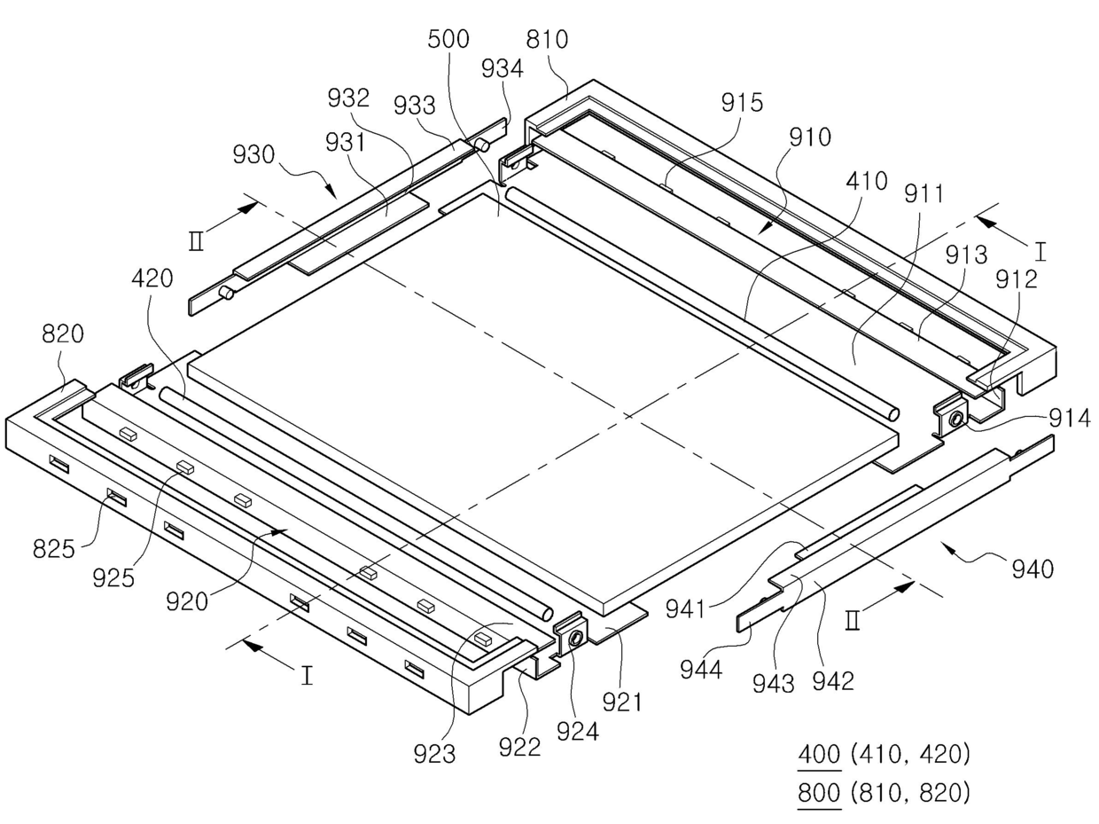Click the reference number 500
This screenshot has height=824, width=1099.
click(x=448, y=39)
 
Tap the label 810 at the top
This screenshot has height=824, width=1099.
click(x=547, y=39)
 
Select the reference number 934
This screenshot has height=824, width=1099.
click(x=503, y=68)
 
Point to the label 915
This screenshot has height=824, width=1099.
click(x=742, y=102)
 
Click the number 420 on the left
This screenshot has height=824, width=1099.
click(x=152, y=278)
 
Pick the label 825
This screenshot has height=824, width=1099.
click(x=54, y=549)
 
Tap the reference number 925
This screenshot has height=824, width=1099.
click(x=113, y=578)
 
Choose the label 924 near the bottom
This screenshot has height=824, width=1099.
click(x=578, y=732)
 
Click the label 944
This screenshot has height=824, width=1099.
click(x=701, y=669)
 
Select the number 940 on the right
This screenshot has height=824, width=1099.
click(x=1033, y=569)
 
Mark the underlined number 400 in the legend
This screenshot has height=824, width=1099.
click(x=819, y=755)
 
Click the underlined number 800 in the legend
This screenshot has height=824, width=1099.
click(x=819, y=793)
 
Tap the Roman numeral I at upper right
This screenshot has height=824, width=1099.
click(x=1041, y=252)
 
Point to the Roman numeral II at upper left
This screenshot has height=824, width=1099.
click(x=196, y=241)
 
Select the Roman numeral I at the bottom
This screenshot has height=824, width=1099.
click(x=307, y=675)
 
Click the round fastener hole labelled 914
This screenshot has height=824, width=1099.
click(x=955, y=419)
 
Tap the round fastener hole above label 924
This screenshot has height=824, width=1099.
click(x=576, y=638)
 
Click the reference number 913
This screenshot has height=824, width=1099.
click(x=966, y=255)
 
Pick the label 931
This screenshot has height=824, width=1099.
click(x=346, y=143)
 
